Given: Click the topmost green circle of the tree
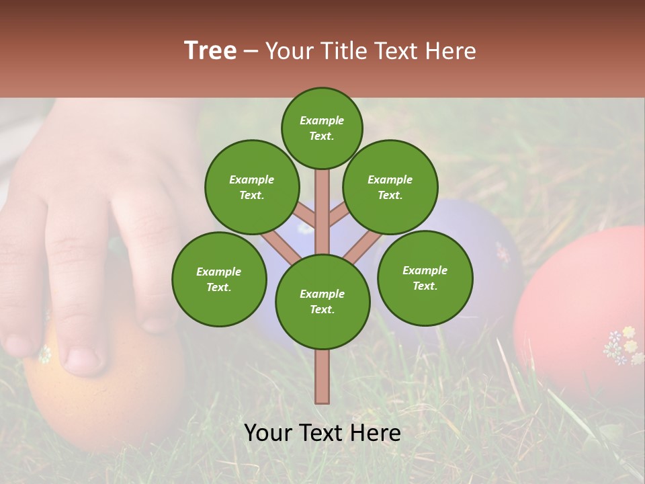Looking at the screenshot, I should tap(322, 128).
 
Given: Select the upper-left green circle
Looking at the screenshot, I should tap(251, 187).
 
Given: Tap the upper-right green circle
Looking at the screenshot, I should tap(390, 187).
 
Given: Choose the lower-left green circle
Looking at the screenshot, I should tap(218, 279).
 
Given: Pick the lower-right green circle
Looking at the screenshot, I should tap(425, 278).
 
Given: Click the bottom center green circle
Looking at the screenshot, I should tap(322, 301).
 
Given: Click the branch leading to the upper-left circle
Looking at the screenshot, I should tap(305, 216).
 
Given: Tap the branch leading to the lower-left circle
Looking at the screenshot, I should tap(279, 245).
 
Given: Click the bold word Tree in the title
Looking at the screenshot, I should tap(210, 50).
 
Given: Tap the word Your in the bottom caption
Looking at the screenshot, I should tap(269, 433).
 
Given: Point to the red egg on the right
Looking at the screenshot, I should tap(578, 302).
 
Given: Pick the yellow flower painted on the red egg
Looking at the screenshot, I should tap(628, 332).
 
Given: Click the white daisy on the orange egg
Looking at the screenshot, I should tap(44, 354).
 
